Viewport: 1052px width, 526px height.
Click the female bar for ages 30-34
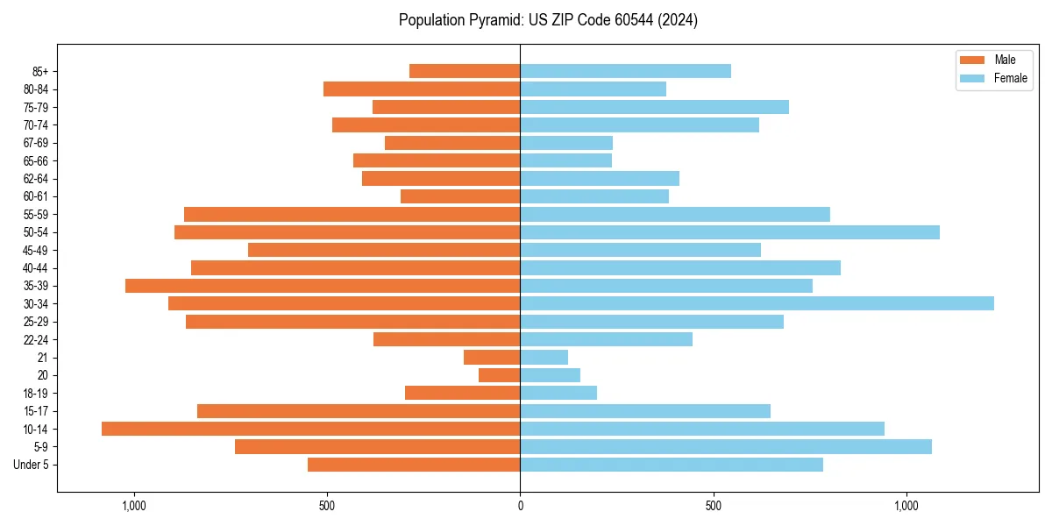coord(757,303)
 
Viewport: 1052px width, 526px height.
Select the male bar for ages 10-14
coord(311,429)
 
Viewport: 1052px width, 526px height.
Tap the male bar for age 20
coord(500,375)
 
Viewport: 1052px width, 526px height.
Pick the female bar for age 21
coord(544,357)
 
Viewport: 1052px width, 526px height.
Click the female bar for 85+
coord(625,71)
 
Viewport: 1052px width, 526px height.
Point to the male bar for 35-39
coord(323,286)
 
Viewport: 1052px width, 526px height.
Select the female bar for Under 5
coord(672,465)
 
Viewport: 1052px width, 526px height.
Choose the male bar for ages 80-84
coord(422,89)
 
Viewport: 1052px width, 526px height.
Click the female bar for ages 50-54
coord(729,232)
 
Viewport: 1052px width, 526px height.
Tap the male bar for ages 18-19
coord(463,393)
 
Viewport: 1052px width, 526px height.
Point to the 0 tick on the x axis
coord(520,506)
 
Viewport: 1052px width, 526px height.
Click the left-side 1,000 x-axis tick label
coord(134,506)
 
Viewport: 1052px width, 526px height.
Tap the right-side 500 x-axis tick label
coord(713,506)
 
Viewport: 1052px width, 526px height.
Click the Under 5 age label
coord(31,465)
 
